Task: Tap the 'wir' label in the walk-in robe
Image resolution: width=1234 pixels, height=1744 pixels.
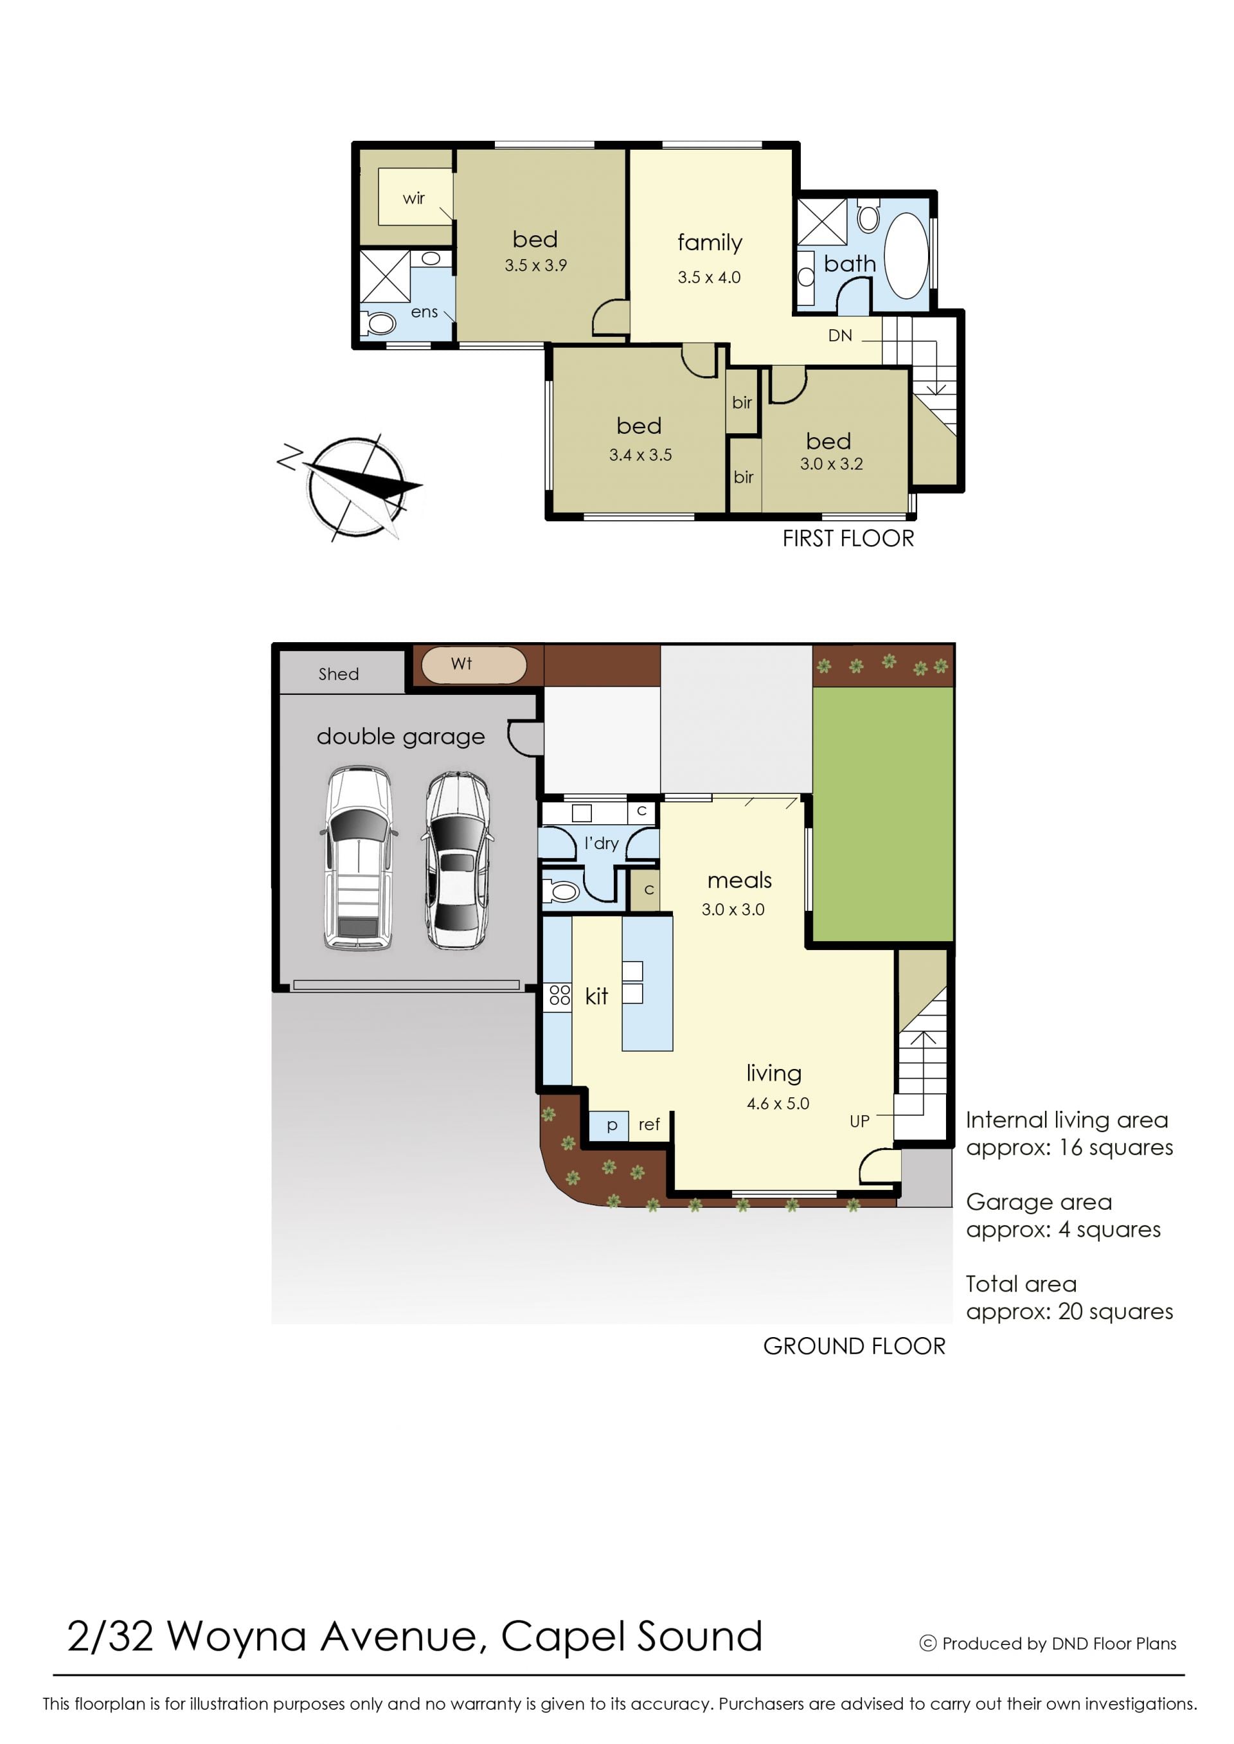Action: point(413,199)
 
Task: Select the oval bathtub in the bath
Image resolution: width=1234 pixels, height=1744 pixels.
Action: point(906,255)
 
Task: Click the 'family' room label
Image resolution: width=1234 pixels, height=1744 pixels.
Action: point(710,242)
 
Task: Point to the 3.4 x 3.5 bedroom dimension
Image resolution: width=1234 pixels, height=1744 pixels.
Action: point(641,455)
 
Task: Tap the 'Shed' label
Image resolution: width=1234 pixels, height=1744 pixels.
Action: point(339,674)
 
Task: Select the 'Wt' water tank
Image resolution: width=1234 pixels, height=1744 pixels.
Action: point(474,665)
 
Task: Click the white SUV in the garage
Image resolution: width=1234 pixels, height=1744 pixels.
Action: point(359,858)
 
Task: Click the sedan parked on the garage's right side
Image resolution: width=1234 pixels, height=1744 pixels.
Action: point(457,860)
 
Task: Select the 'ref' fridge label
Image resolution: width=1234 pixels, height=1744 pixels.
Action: point(649,1125)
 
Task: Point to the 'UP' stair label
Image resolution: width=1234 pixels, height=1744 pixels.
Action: point(859,1122)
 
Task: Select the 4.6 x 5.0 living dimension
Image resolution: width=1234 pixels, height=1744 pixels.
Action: point(778,1103)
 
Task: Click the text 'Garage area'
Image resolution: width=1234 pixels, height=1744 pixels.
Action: point(1039,1202)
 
